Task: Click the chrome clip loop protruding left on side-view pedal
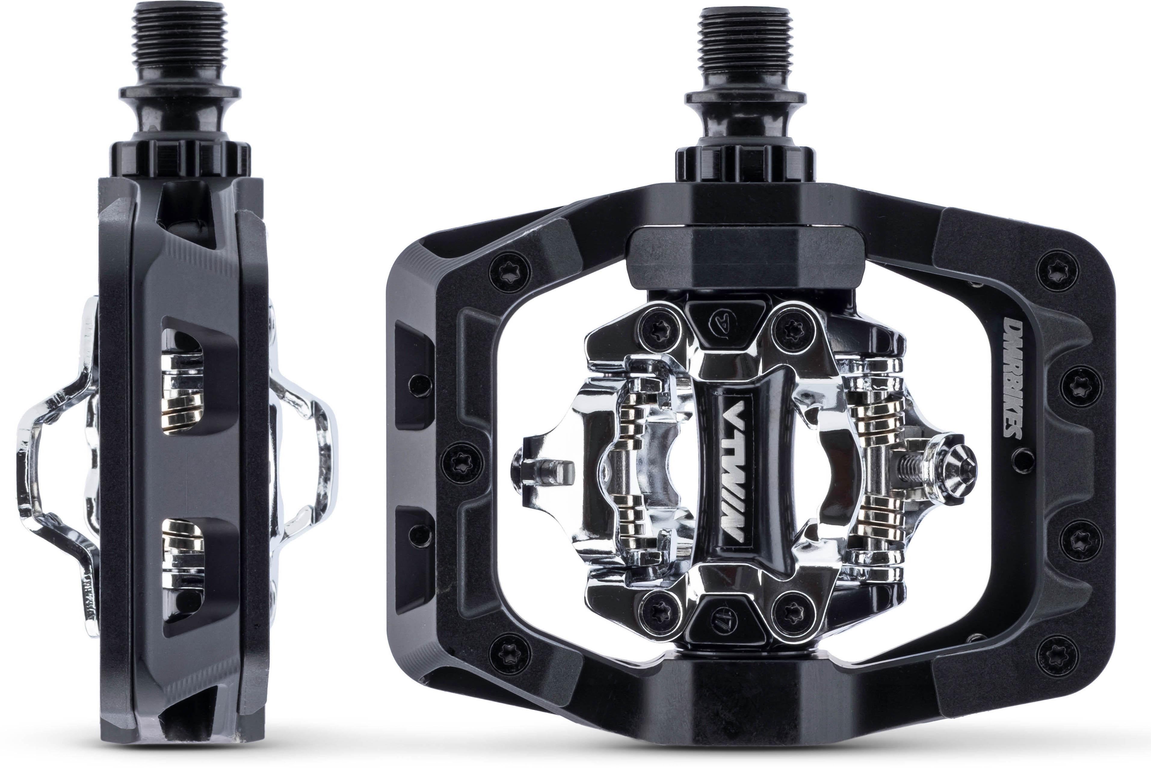pyautogui.click(x=54, y=470)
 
